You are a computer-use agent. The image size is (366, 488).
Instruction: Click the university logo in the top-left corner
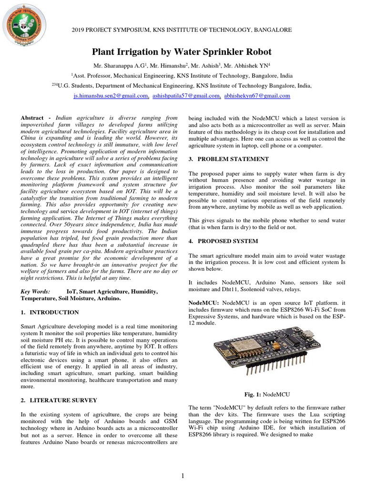tap(24, 25)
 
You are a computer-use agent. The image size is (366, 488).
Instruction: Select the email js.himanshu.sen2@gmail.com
tap(111, 96)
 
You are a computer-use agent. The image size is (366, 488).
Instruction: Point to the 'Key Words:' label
tap(35, 291)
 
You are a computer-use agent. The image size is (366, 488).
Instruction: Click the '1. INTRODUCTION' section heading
tap(50, 313)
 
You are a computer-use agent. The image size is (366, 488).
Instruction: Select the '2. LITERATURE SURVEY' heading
tap(59, 400)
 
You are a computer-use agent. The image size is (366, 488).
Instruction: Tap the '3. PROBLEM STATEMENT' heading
tap(229, 159)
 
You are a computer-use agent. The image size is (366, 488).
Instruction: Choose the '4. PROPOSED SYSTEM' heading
tap(225, 242)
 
